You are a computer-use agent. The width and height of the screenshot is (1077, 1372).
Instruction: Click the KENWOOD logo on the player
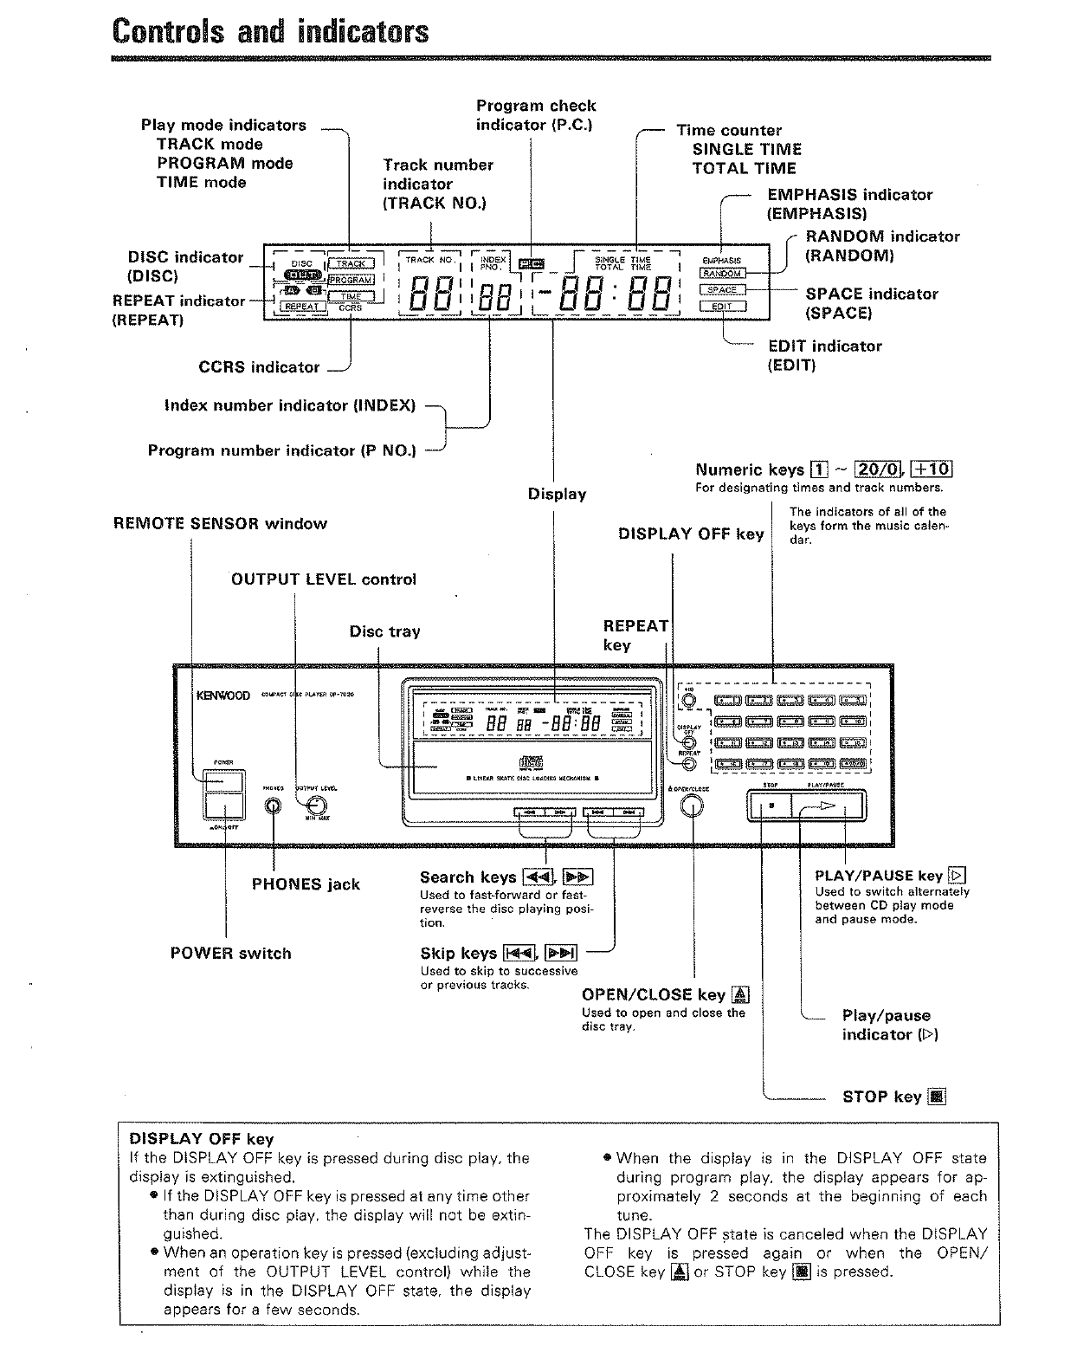224,695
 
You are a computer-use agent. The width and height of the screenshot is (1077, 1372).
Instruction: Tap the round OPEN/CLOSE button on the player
692,806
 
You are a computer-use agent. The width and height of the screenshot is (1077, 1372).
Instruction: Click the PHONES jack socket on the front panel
274,806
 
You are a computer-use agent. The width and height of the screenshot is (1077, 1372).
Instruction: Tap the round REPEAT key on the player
689,765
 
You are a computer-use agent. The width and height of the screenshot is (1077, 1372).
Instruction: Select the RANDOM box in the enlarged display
722,274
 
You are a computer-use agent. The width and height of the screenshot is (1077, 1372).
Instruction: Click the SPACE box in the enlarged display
722,289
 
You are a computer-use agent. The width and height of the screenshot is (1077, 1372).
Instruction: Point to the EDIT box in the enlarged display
722,306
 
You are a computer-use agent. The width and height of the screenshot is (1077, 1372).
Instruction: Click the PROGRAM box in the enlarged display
351,280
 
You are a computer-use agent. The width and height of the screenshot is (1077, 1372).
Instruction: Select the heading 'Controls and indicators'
270,31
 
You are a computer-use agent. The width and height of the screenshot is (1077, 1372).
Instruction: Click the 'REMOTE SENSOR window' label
220,523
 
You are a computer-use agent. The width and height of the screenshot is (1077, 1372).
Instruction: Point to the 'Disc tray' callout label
384,631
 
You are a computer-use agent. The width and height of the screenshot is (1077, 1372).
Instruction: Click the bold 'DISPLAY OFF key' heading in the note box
201,1139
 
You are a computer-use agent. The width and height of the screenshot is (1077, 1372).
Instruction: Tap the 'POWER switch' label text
230,953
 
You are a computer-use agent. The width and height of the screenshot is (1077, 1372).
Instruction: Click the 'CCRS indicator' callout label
259,367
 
